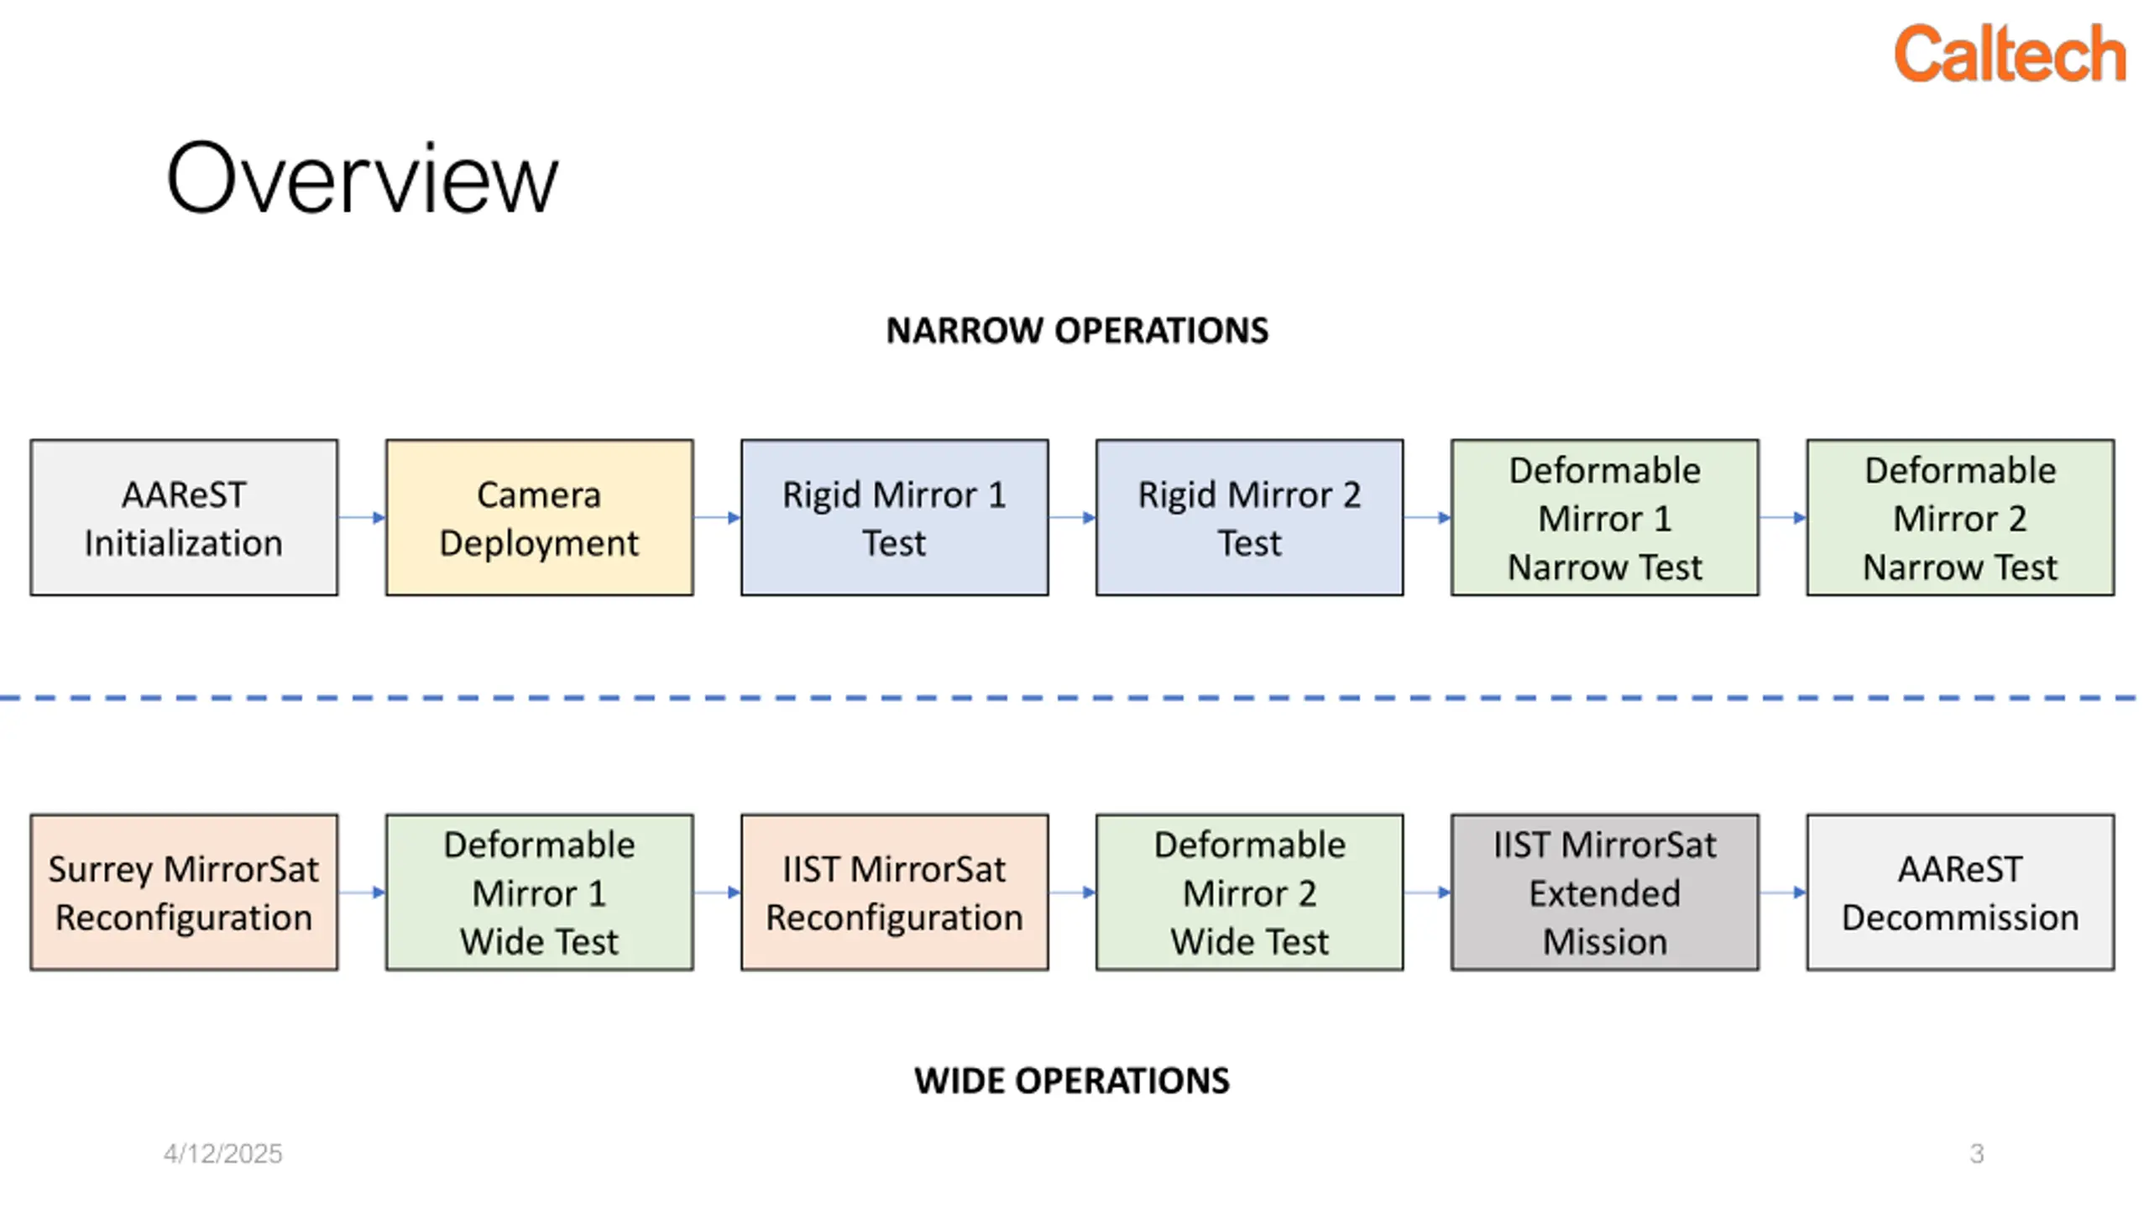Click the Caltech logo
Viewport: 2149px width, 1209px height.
pos(2010,54)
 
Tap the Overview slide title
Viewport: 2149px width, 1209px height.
pos(362,178)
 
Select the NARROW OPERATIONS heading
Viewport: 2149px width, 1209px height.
pos(1077,331)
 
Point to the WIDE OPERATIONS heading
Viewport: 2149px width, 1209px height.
pos(1072,1081)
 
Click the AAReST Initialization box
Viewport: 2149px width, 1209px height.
pos(184,518)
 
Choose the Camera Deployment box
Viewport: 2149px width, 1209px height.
pos(540,518)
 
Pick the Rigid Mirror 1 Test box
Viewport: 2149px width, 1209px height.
pos(895,518)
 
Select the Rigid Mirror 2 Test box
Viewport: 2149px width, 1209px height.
pos(1250,518)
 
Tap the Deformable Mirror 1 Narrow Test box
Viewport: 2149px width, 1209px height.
pos(1605,518)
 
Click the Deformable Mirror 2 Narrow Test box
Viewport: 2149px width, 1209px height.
pos(1961,518)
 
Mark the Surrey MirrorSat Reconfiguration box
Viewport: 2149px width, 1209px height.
pos(184,892)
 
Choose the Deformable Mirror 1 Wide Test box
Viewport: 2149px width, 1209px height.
pos(540,892)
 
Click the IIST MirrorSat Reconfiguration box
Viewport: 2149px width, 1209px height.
pos(895,892)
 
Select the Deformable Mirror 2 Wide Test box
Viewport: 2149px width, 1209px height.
pos(1250,892)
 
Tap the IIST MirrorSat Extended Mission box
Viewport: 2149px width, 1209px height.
pos(1605,892)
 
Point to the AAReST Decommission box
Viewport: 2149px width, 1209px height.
pos(1961,892)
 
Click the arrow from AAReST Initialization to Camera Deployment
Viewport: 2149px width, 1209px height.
pos(362,518)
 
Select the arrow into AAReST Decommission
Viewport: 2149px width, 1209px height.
pos(1783,892)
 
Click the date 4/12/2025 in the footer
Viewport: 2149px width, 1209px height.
pos(223,1154)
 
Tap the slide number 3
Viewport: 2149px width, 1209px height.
pos(1977,1154)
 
